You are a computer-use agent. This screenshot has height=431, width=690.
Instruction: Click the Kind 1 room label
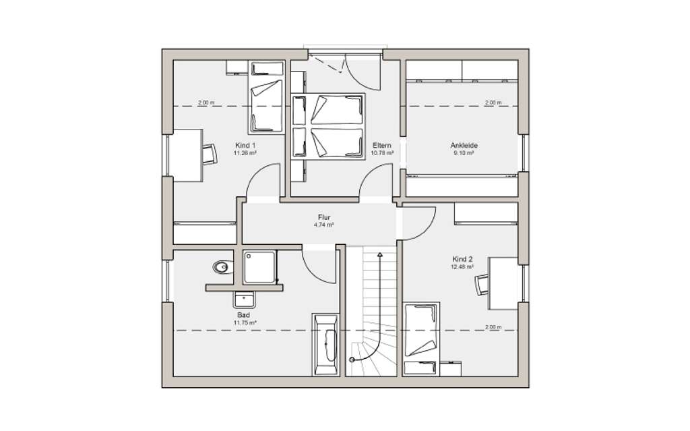point(245,145)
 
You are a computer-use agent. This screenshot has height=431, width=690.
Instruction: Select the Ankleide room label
point(464,145)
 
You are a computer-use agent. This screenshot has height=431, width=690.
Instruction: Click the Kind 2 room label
point(464,259)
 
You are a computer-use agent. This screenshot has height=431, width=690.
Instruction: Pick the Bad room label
point(243,315)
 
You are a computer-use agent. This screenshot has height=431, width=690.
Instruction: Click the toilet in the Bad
point(220,268)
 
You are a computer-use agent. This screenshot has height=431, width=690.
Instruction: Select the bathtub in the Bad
point(327,344)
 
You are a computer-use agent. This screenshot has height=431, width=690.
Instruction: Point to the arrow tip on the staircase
point(380,254)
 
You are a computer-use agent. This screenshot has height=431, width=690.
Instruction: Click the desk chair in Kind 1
point(210,154)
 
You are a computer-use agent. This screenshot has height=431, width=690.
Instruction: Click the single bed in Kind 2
point(422,337)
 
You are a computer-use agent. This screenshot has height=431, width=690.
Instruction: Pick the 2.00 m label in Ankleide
point(493,103)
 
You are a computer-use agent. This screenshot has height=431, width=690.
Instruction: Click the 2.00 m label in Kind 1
point(206,103)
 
